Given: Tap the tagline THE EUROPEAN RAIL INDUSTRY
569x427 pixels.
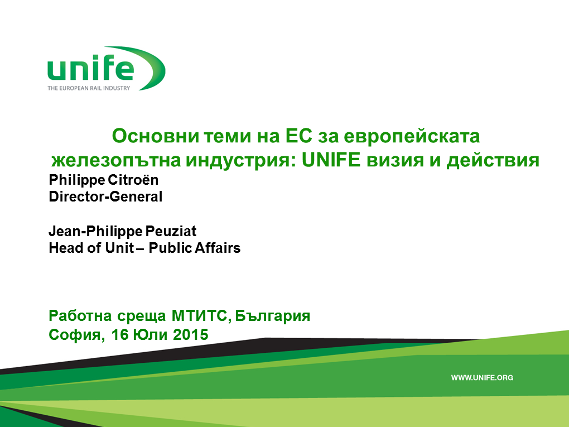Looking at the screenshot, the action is [x=89, y=88].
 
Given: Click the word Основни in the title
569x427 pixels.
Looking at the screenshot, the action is [x=156, y=136].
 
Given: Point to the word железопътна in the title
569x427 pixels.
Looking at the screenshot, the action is [x=116, y=160].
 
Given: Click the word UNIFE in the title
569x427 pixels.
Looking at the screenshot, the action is [x=331, y=160].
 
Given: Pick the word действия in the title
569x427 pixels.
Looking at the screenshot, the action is [x=493, y=160].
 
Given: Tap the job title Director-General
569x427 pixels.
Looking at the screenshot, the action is [x=105, y=197].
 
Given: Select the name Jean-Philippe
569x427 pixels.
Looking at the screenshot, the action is [x=96, y=232].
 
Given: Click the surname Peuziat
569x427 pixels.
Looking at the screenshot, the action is [x=171, y=231].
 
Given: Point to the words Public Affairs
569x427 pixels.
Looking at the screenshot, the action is [x=195, y=248].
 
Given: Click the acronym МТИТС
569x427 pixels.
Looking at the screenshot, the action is [x=201, y=316].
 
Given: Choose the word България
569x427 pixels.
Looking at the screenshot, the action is [x=273, y=316].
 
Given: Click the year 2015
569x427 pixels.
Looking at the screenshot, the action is [x=191, y=334].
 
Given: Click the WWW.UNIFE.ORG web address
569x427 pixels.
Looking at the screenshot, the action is [x=482, y=378].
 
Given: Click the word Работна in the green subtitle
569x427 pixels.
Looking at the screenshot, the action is [x=80, y=316].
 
